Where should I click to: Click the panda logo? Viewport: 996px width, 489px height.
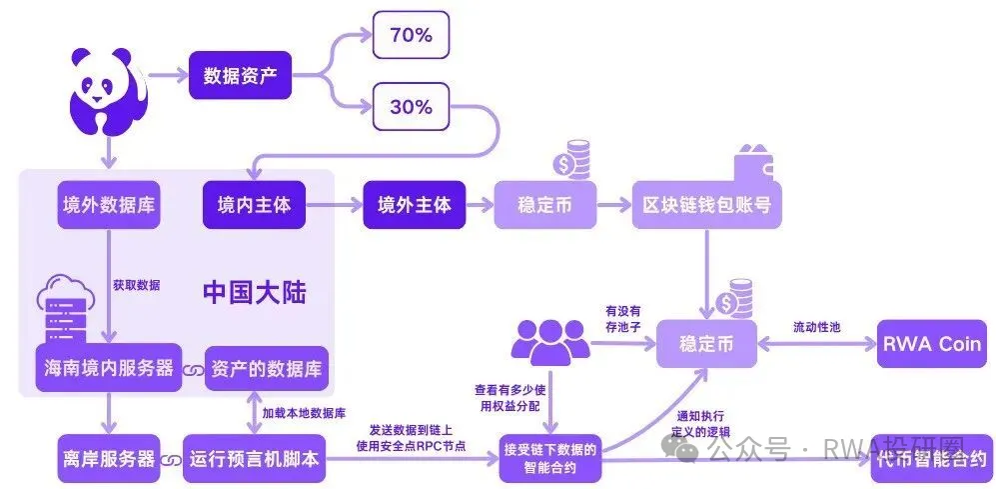107,89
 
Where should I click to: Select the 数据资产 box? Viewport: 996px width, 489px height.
240,75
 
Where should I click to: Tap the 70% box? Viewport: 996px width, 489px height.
410,35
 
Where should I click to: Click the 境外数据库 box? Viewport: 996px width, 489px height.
109,205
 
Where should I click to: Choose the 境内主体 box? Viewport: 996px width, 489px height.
254,205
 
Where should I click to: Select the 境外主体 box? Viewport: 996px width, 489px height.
414,205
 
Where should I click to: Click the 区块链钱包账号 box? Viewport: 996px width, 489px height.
706,205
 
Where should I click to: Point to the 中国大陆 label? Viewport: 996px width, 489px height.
254,292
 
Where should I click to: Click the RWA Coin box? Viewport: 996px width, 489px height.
930,343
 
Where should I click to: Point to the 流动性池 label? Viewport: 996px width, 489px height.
817,327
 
